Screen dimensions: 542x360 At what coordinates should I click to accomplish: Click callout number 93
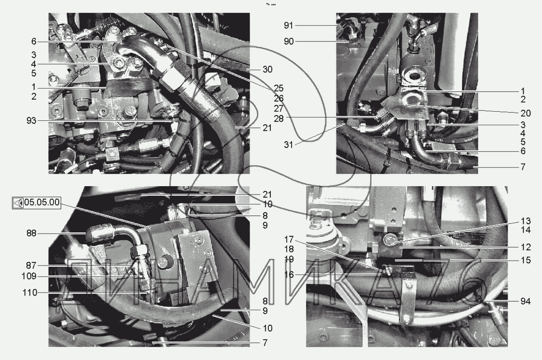coord(32,120)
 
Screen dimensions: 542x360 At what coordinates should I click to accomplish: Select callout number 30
coord(267,69)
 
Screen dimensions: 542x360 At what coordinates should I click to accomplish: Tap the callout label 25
coord(279,88)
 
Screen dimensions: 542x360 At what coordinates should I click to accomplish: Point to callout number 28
coord(279,118)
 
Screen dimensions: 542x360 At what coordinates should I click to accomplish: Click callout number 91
coord(288,26)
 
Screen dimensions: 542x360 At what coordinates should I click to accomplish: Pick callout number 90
coord(288,41)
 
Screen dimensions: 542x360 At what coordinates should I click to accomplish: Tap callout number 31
coord(288,145)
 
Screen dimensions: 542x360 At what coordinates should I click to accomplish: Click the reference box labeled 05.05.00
coord(41,203)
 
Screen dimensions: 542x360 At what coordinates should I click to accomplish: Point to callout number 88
coord(31,233)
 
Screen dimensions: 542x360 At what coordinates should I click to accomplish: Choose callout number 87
coord(31,266)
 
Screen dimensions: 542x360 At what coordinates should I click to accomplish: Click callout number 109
coord(29,276)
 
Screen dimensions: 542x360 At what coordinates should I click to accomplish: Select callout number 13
coord(526,221)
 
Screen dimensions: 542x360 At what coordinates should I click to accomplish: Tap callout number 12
coord(526,247)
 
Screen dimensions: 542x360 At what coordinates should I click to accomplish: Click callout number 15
coord(526,260)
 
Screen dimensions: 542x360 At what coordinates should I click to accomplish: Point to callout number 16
coord(289,275)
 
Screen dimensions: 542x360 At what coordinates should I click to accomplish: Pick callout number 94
coord(526,301)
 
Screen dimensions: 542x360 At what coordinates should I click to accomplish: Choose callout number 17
coord(289,240)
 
